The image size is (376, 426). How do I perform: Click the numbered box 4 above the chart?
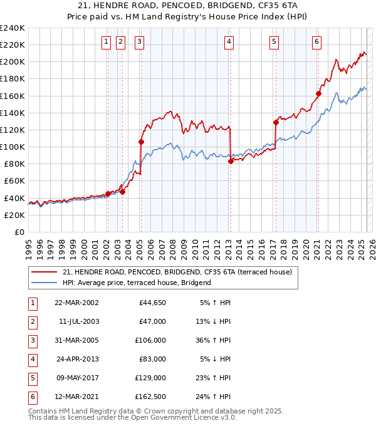(229, 42)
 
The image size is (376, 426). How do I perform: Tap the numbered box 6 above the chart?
(317, 42)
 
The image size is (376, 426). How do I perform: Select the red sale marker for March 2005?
(141, 142)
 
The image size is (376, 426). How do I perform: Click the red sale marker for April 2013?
(231, 161)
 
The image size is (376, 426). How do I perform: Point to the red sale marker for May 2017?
(276, 122)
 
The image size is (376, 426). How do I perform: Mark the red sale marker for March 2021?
(318, 94)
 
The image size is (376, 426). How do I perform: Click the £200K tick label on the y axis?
(12, 62)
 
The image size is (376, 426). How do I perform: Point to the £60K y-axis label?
(14, 181)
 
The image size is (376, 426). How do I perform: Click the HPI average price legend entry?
(137, 283)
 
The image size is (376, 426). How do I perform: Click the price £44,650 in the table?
(150, 303)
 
